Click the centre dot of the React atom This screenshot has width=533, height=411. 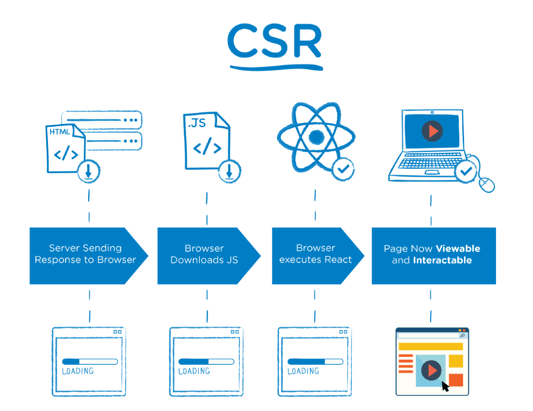315,137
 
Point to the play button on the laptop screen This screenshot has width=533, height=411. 432,130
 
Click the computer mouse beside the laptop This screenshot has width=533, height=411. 487,184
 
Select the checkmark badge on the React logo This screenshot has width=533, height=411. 343,169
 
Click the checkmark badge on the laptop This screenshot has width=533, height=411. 466,171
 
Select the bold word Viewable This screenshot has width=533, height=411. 458,249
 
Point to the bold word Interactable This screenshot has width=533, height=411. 442,260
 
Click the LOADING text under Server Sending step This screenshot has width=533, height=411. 78,371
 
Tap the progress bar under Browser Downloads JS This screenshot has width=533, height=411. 206,362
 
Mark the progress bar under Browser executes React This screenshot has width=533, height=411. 315,362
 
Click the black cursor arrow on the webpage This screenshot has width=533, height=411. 445,386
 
